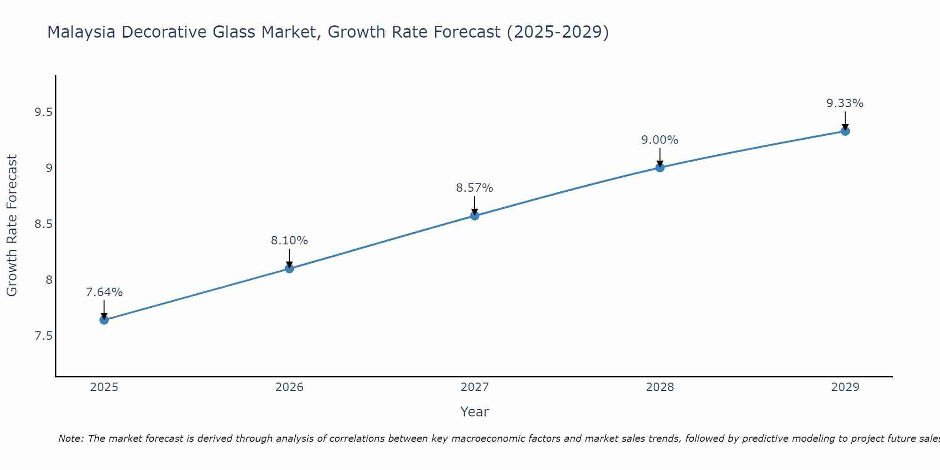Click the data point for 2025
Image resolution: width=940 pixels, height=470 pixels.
click(104, 320)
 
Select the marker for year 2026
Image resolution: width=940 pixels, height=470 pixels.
click(290, 268)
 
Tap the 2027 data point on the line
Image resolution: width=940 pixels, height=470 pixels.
click(475, 216)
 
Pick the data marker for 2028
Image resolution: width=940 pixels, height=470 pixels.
click(660, 167)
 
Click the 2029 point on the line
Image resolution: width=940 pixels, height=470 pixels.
click(845, 131)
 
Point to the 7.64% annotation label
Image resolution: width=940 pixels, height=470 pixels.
click(104, 292)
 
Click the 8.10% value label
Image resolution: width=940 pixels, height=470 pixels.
click(290, 241)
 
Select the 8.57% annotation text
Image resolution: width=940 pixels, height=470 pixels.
click(475, 188)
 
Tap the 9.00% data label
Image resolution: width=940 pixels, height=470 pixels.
click(660, 140)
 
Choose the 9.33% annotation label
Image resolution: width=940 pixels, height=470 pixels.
click(845, 103)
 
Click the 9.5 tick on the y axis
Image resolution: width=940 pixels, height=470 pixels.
click(43, 112)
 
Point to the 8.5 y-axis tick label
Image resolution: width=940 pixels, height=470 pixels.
click(43, 224)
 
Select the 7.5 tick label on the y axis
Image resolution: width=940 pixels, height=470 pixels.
click(43, 336)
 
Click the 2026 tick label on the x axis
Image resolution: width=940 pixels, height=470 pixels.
click(290, 387)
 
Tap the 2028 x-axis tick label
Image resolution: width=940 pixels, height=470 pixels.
click(660, 387)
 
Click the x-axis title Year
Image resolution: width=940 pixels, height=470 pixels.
click(475, 412)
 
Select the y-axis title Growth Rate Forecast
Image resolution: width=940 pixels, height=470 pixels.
click(12, 226)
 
